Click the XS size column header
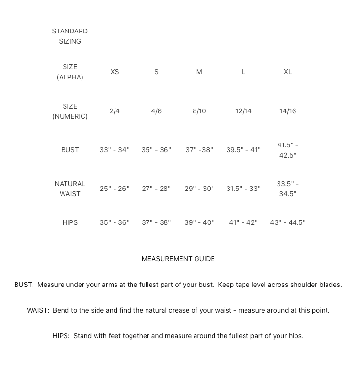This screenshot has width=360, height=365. (115, 72)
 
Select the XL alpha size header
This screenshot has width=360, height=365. (288, 72)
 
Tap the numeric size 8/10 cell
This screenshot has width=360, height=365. (199, 111)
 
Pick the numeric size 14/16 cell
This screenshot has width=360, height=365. (288, 111)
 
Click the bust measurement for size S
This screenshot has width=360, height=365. (156, 150)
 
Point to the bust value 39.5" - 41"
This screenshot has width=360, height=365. (243, 150)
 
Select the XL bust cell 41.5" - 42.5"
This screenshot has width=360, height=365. (288, 150)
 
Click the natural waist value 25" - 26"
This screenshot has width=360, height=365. (115, 189)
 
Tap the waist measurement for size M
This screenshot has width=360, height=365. (199, 189)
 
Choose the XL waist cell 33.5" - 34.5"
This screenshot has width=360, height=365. (288, 189)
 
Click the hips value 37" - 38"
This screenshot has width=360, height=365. (156, 222)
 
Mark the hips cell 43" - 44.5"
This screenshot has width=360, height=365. (288, 222)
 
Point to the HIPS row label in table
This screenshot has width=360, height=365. (70, 222)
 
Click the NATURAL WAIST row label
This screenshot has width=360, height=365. (70, 189)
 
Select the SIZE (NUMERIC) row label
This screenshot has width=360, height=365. (70, 111)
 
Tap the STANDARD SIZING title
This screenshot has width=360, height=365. (70, 36)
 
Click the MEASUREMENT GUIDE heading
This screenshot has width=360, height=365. (178, 259)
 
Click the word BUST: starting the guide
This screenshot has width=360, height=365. (24, 285)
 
